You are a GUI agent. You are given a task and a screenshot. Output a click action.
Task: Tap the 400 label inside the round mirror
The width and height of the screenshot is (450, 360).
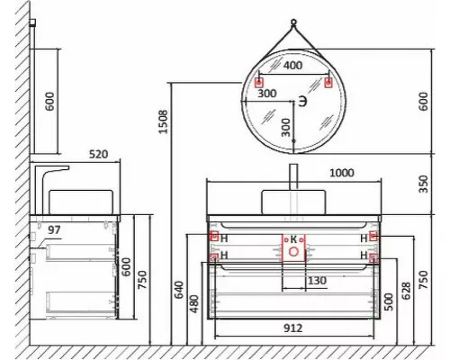pyautogui.click(x=293, y=67)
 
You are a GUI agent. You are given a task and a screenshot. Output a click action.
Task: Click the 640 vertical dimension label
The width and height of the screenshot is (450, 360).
pyautogui.click(x=180, y=289)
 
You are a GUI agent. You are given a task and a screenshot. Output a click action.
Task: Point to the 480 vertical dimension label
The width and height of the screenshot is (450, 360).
pyautogui.click(x=194, y=306)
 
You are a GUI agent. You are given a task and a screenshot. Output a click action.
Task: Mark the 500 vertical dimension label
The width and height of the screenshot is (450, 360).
pyautogui.click(x=387, y=301)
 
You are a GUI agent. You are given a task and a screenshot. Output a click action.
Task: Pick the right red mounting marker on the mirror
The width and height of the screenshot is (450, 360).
pyautogui.click(x=328, y=83)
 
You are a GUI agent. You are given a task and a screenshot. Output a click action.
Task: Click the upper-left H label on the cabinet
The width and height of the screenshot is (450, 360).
pyautogui.click(x=224, y=238)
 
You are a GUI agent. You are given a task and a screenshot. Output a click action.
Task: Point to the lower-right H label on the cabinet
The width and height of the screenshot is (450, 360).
pyautogui.click(x=363, y=256)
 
